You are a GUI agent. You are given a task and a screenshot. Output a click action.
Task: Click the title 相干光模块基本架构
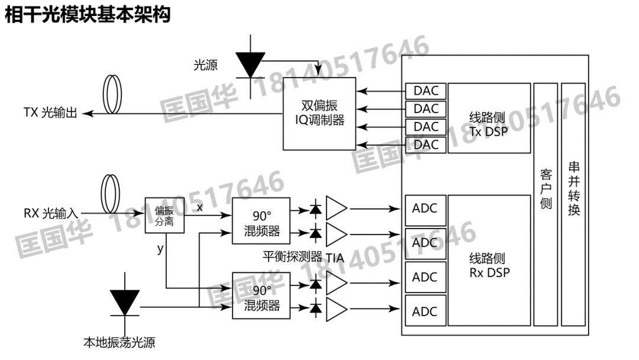(88, 14)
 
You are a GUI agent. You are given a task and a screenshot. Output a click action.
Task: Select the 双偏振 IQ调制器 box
(319, 113)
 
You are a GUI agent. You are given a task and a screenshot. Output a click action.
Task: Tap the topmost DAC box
(426, 91)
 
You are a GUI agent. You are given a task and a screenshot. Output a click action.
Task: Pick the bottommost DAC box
(426, 144)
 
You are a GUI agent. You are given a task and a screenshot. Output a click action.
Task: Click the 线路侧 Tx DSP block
(489, 118)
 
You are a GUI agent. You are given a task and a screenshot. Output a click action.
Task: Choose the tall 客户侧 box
(546, 204)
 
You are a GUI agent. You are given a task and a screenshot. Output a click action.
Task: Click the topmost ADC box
(425, 209)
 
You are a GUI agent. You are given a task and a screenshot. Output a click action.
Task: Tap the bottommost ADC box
(425, 311)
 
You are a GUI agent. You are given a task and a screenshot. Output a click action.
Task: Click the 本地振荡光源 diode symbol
(125, 302)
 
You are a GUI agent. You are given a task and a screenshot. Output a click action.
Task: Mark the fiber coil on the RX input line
(109, 194)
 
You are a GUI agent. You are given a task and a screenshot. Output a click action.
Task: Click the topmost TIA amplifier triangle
(335, 208)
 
